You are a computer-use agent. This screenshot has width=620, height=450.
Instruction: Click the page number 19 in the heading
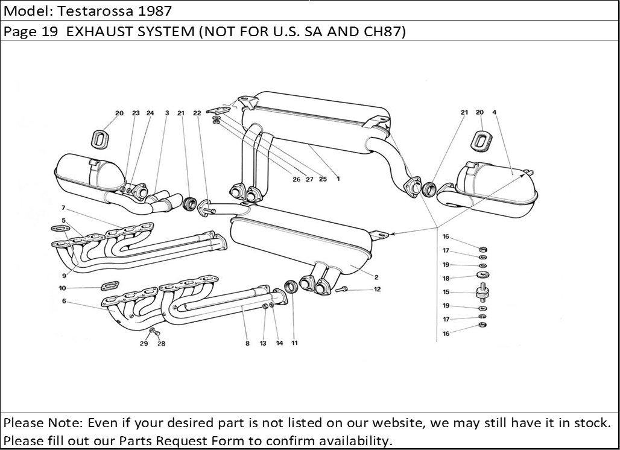(49, 32)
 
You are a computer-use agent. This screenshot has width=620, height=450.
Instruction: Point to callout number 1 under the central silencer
(338, 179)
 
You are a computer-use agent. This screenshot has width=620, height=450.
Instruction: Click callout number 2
(376, 277)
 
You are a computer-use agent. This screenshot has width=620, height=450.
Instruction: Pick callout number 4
(494, 112)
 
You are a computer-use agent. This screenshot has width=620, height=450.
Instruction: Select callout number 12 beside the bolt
(377, 290)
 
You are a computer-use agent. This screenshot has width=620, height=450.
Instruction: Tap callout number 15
(446, 292)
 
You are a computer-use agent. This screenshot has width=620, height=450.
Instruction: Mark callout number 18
(446, 278)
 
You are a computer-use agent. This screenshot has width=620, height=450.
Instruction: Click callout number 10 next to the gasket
(63, 288)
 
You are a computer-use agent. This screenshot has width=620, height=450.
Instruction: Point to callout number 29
(144, 344)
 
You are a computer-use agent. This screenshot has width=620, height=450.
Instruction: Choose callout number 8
(247, 344)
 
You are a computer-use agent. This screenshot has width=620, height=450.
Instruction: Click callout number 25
(323, 179)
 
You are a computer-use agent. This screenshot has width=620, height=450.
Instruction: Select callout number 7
(63, 208)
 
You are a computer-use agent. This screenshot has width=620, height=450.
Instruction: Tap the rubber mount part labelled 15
(482, 293)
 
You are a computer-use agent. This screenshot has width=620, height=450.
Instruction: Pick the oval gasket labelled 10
(108, 285)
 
